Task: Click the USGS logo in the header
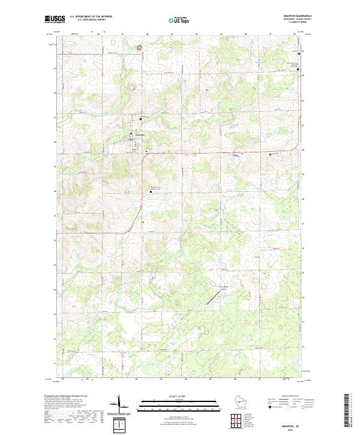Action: [x=55, y=19]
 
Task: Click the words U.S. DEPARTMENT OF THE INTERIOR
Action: [x=91, y=16]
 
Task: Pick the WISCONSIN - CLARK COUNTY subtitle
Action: [x=301, y=19]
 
